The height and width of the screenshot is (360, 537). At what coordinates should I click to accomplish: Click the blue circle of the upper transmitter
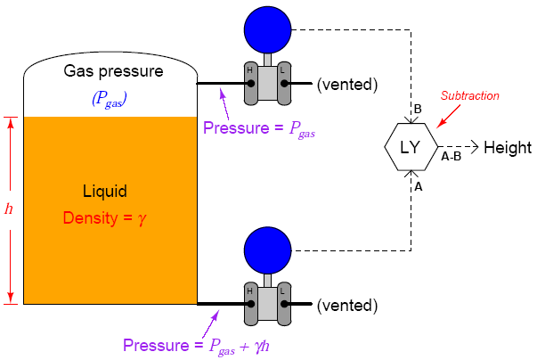(268, 30)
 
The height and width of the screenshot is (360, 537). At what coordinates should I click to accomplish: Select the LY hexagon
(411, 147)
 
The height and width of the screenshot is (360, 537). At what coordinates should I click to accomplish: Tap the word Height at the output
(508, 147)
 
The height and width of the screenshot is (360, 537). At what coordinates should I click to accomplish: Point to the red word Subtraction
(471, 95)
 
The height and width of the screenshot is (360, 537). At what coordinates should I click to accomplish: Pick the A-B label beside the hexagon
(451, 156)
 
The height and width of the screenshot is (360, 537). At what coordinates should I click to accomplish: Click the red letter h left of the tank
(9, 209)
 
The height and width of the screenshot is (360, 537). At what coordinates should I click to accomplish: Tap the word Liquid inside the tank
(105, 192)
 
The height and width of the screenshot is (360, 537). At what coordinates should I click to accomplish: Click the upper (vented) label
(348, 85)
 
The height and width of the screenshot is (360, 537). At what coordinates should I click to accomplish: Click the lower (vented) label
(348, 305)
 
